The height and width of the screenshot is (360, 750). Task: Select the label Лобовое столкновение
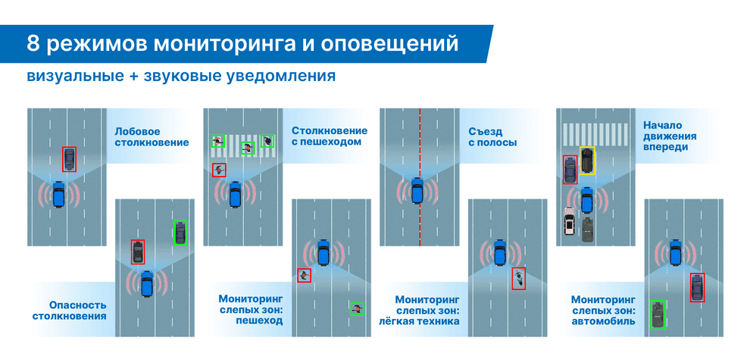(x=152, y=136)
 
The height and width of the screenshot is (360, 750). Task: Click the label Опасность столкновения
(x=69, y=309)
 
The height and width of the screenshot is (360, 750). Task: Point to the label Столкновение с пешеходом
(x=329, y=136)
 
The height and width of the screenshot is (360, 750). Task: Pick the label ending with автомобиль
(x=603, y=309)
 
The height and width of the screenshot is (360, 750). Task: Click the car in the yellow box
(x=586, y=160)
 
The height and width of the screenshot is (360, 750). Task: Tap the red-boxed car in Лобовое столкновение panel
(x=70, y=159)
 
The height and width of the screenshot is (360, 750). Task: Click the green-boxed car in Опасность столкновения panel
(x=180, y=232)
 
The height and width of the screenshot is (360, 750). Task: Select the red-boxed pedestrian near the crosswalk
(x=219, y=169)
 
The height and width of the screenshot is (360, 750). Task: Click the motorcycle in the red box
(x=518, y=278)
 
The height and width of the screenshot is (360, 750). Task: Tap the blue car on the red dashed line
(x=417, y=189)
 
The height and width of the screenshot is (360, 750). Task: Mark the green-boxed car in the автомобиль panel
(x=658, y=314)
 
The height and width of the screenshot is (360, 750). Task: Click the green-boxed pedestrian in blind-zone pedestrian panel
(x=357, y=308)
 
